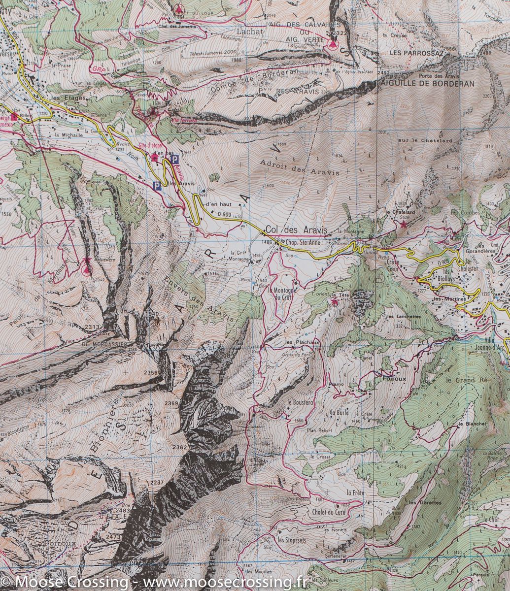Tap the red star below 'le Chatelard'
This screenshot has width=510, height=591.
pos(404,225)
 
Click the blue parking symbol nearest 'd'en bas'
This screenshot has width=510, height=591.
pos(174,159)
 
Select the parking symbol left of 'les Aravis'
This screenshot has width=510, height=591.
pos(157,185)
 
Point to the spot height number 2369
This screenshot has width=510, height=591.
pos(171,404)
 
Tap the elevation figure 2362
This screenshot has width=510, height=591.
pos(180,447)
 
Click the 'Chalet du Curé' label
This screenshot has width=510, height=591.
pos(328,512)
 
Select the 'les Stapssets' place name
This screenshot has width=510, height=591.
pos(292,540)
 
